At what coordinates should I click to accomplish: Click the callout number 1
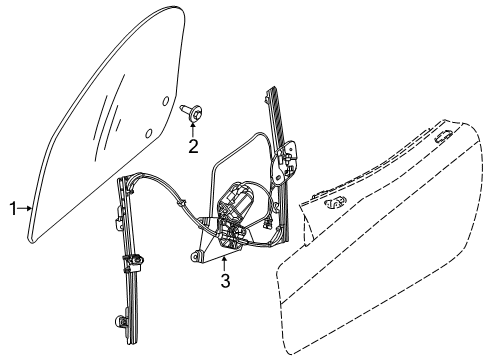pyautogui.click(x=13, y=208)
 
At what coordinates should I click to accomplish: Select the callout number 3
pyautogui.click(x=225, y=281)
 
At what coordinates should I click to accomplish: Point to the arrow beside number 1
pyautogui.click(x=27, y=208)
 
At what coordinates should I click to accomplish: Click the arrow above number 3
pyautogui.click(x=225, y=262)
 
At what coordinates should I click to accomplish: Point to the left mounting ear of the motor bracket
pyautogui.click(x=194, y=257)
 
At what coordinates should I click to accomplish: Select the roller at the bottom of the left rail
pyautogui.click(x=121, y=348)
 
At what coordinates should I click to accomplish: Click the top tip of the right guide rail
pyautogui.click(x=271, y=90)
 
